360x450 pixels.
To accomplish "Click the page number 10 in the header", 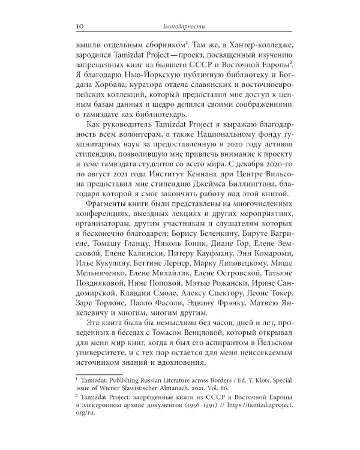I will point(79,26).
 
